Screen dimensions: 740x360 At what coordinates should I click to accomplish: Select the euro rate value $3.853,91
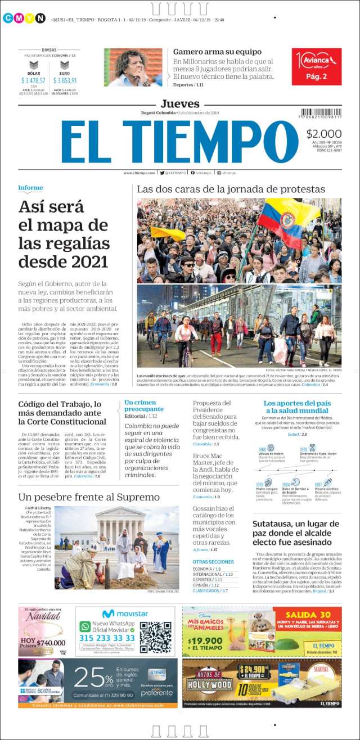tap(65, 80)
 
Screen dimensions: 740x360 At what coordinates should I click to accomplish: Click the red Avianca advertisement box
tap(317, 66)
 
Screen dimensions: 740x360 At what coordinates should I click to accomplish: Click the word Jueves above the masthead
tap(180, 103)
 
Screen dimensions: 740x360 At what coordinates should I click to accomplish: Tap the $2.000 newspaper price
tap(324, 134)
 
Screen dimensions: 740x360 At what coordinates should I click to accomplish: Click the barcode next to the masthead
tap(321, 113)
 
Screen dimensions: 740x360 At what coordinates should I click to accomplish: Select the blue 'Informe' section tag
tap(30, 188)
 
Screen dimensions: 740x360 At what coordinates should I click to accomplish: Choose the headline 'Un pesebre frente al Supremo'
tap(89, 497)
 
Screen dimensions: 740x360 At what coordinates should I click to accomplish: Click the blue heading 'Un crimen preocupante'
tap(144, 405)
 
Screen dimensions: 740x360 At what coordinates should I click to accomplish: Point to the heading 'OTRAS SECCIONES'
tap(213, 561)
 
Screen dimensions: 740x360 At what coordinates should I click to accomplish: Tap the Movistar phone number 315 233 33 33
tap(107, 638)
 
